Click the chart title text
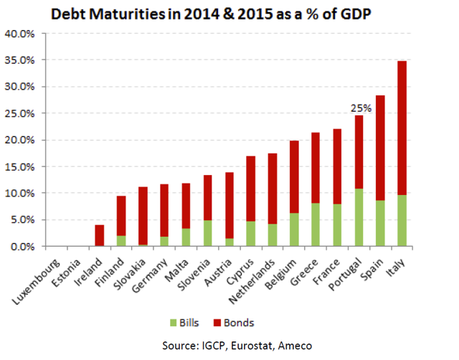click(x=229, y=13)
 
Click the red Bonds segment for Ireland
click(x=100, y=236)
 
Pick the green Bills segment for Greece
click(x=315, y=224)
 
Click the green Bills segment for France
click(x=336, y=225)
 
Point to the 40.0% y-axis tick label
click(x=19, y=34)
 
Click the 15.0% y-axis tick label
click(x=19, y=166)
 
